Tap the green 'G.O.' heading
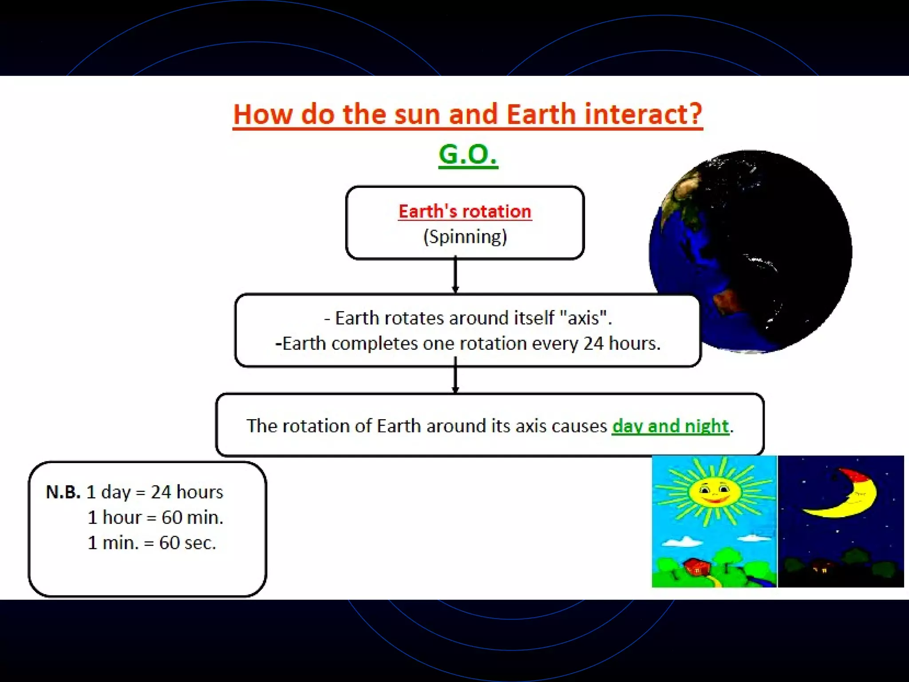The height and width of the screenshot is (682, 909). [468, 154]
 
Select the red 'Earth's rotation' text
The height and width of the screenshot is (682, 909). [465, 211]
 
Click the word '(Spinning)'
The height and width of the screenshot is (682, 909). [465, 237]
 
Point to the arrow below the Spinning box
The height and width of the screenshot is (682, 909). [455, 275]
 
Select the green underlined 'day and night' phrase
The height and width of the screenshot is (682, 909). [670, 426]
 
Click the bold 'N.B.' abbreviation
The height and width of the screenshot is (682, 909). [63, 492]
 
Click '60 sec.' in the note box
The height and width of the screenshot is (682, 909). [187, 543]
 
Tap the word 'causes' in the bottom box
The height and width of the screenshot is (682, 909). [579, 426]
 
